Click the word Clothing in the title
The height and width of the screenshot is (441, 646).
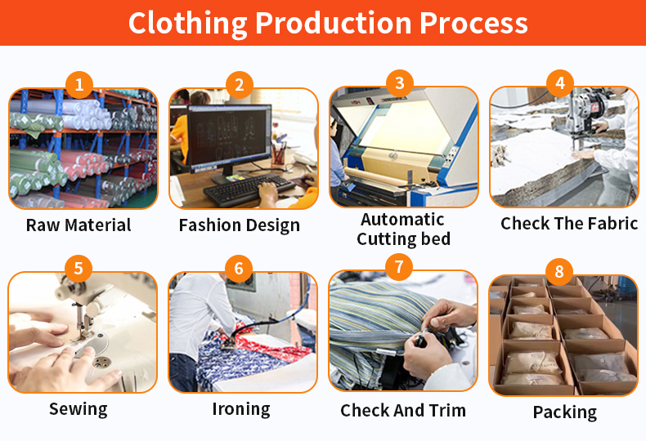coord(188,23)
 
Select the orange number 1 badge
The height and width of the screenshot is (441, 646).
coord(79,85)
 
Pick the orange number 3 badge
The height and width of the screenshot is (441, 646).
coord(400,83)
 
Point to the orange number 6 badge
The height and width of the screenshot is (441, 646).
coord(239,269)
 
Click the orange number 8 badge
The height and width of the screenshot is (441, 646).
coord(559,271)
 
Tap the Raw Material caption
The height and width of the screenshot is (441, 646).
coord(79,225)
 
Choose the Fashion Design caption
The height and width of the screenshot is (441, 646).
coord(240,225)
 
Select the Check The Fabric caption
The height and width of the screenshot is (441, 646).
coord(569,224)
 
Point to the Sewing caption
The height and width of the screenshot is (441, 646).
coord(79,409)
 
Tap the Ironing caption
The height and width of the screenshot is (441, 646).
coord(241,409)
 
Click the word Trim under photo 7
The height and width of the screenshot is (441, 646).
coord(447,411)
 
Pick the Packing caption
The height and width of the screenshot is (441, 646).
coord(565,412)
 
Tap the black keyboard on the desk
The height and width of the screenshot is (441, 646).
coord(249,189)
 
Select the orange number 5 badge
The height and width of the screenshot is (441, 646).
coord(79,269)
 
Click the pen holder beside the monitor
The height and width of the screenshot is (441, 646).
coord(279,154)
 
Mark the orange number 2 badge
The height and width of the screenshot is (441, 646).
coord(240,85)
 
